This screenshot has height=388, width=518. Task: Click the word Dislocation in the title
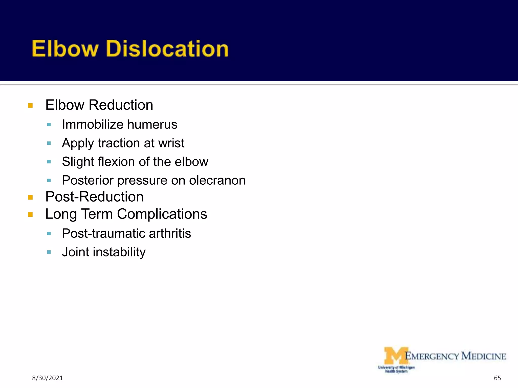coord(167,48)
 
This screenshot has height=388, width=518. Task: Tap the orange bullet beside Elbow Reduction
coord(30,106)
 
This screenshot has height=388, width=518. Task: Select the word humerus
coord(152,125)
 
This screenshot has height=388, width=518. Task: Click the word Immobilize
coord(93,125)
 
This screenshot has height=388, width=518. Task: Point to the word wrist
coord(171,143)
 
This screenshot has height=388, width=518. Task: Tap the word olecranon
coord(217,180)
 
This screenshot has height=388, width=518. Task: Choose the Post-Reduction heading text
coord(94,197)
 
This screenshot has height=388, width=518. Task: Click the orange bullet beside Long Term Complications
coord(30,215)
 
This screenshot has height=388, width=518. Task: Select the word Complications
coord(162,214)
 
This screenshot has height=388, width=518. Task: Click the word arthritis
coord(170,233)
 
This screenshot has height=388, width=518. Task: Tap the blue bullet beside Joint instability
coord(49,252)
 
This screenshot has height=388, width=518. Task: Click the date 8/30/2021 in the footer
coord(47,378)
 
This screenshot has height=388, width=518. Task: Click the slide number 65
coord(497,378)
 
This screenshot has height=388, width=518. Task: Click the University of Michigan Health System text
coord(396,369)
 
